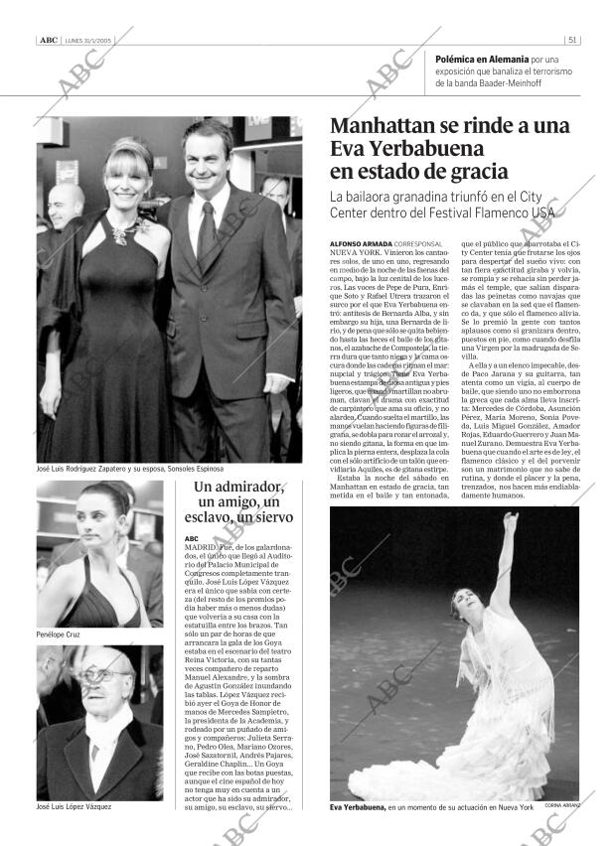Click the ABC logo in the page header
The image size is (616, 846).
48,41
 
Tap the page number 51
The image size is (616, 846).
573,41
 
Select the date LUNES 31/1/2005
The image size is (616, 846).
88,41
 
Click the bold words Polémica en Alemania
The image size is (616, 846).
482,60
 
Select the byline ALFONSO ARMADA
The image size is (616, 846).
360,243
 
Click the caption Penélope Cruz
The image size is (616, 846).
58,634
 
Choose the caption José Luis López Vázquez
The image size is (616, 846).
74,806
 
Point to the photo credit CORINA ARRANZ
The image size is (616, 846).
562,805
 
